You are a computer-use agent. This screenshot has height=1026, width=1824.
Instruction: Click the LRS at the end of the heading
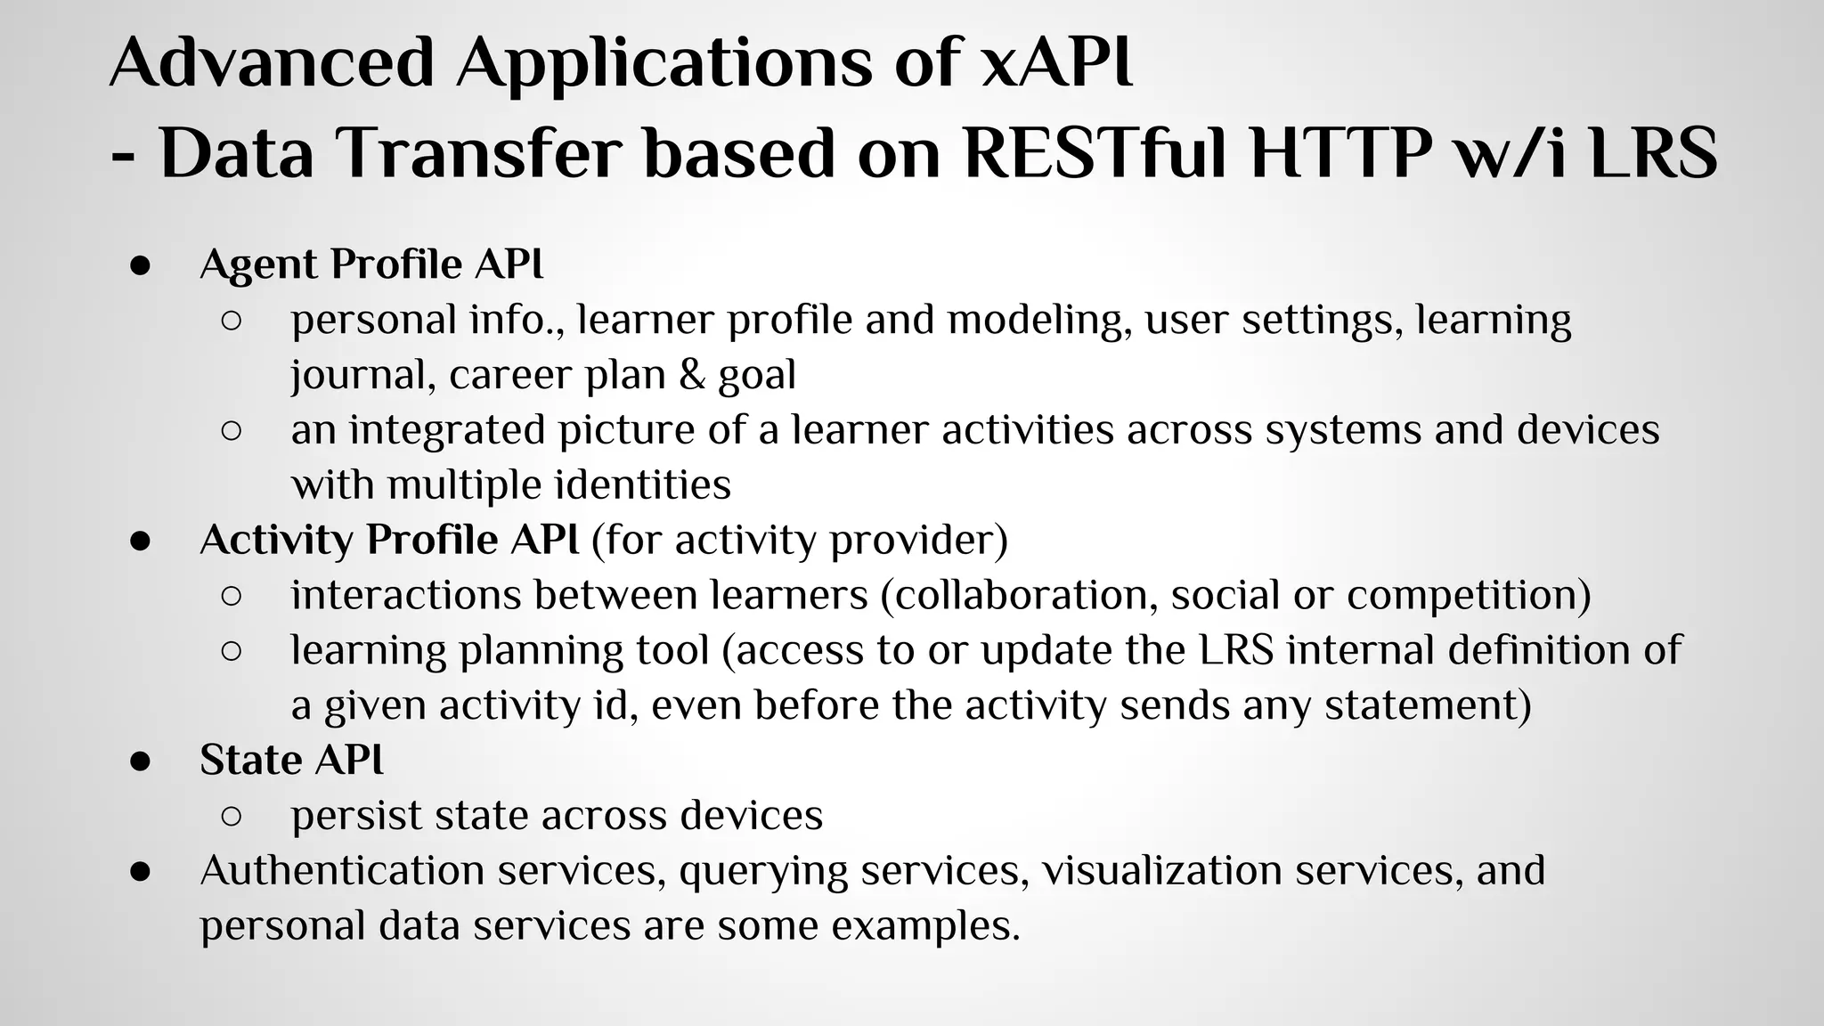[x=1653, y=153]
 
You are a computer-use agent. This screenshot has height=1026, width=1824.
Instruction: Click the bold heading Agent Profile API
[x=371, y=265]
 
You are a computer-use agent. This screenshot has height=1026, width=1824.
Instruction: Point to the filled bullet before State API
[x=140, y=761]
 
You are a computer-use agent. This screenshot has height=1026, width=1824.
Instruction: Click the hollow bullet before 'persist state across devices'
[x=231, y=816]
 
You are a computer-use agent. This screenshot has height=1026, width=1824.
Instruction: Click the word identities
[x=642, y=485]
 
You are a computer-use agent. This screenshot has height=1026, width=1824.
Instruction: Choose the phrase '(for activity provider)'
[x=799, y=541]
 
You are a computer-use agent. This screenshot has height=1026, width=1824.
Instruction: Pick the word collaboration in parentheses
[x=1020, y=596]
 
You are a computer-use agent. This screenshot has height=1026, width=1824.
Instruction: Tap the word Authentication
[x=342, y=870]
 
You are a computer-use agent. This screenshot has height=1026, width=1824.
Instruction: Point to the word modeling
[x=1039, y=321]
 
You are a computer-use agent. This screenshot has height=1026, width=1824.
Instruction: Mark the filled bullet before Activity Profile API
[x=140, y=541]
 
